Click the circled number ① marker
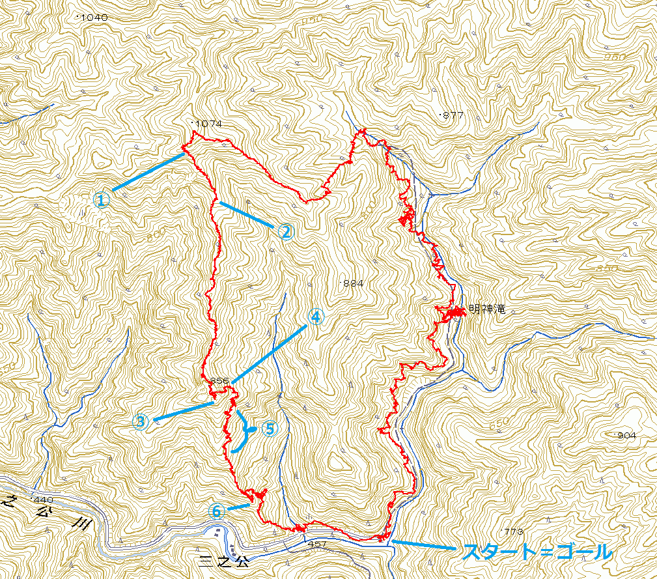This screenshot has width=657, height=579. pos(101,199)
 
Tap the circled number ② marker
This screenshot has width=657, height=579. pos(286,232)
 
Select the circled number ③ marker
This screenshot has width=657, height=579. pos(141,422)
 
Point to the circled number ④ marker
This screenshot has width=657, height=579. pos(315,317)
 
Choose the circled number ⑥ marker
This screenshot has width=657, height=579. pos(217,511)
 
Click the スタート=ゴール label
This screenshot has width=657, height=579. pos(537,552)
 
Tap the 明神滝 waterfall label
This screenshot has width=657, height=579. pos(487,310)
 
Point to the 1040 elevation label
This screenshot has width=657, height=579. pos(94,18)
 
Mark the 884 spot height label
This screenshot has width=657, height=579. pos(352,283)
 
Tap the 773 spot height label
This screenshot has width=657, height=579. pos(513,531)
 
